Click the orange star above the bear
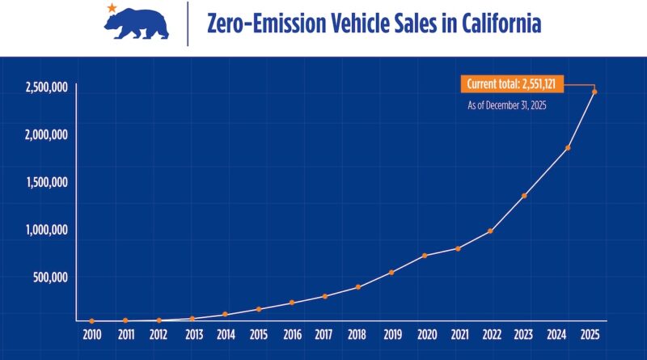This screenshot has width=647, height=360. coord(111,8)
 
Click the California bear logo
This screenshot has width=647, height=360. coord(136,26)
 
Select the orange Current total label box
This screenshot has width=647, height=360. coord(514,83)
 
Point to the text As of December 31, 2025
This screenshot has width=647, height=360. coord(507,105)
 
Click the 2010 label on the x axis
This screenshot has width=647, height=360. coord(92,332)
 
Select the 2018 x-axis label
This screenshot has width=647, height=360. coord(357,332)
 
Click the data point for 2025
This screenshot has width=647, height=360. coord(594,91)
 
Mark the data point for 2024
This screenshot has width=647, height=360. coord(568,148)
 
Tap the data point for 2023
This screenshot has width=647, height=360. coord(524,196)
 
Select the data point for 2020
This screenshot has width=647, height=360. coord(425,256)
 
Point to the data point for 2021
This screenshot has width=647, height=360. coord(458,248)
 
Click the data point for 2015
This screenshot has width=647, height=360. coord(259,309)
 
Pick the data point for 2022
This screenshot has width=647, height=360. coord(491,231)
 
